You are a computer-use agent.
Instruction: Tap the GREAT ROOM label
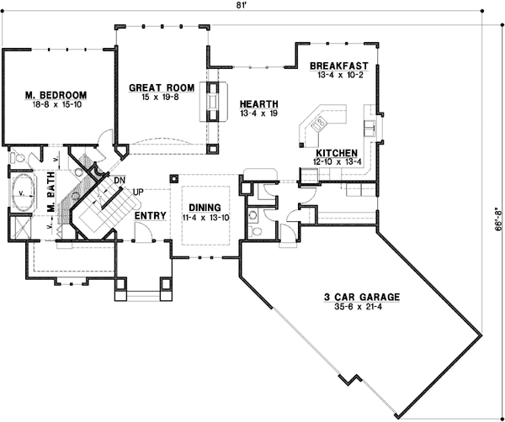[x=162, y=87]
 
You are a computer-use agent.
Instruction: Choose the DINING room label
[x=205, y=207]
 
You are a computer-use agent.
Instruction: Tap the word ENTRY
[x=149, y=216]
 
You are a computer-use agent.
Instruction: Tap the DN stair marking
[x=120, y=180]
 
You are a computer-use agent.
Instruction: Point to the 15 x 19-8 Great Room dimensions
[x=162, y=97]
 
